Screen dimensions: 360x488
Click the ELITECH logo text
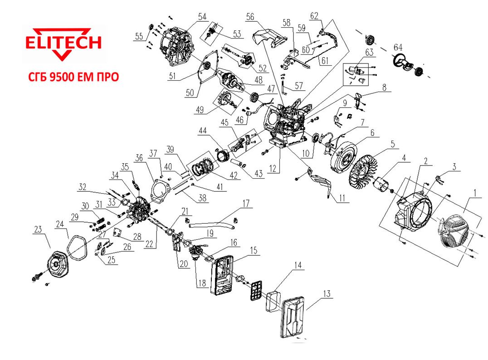click(x=63, y=43)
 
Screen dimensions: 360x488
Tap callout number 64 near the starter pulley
click(x=398, y=47)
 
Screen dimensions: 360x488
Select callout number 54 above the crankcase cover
click(x=202, y=16)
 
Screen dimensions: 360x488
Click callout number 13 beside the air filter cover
click(x=327, y=293)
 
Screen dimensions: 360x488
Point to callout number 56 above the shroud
click(x=250, y=17)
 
